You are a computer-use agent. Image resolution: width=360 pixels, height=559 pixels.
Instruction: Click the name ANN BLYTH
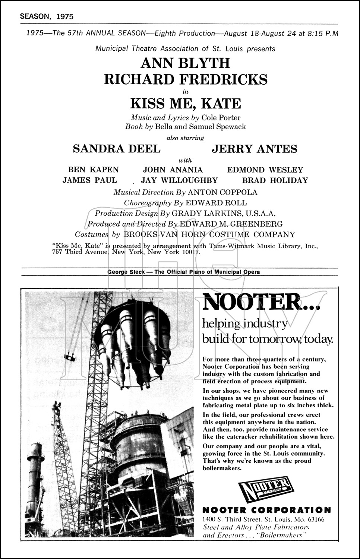(185, 63)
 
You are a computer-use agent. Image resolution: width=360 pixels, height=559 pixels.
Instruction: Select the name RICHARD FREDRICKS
(185, 79)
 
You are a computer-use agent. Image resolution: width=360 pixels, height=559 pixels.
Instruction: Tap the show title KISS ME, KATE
(185, 103)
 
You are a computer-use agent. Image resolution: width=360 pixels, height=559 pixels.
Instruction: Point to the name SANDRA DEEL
(117, 149)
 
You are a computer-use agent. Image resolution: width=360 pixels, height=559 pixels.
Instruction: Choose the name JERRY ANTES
(255, 149)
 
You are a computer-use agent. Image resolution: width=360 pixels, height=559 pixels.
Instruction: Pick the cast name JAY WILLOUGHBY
(179, 180)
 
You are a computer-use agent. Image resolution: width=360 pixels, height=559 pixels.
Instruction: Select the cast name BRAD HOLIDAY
(275, 180)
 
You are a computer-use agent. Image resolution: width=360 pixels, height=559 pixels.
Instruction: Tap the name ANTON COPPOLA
(222, 192)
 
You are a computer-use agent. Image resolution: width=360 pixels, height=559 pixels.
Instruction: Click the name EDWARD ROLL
(216, 203)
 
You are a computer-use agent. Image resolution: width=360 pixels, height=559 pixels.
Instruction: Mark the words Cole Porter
(221, 117)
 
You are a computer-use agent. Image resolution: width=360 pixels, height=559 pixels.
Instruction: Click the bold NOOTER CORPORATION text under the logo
(266, 509)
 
